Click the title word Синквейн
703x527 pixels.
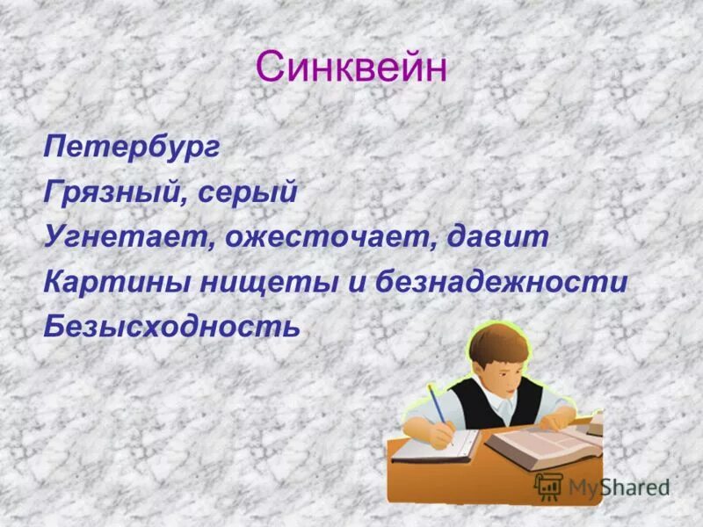click(x=351, y=67)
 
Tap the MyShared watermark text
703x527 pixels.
click(x=619, y=487)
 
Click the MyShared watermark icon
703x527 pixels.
click(x=548, y=486)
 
